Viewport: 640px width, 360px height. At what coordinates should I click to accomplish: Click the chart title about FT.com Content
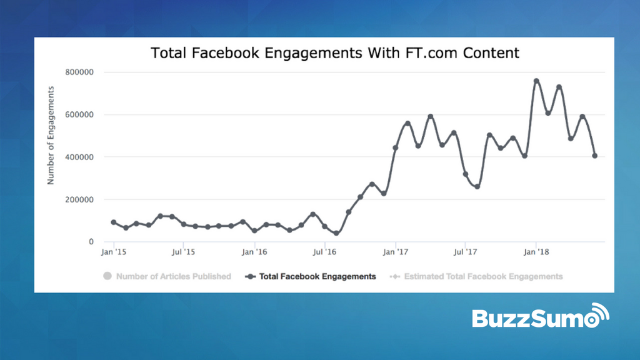click(x=335, y=52)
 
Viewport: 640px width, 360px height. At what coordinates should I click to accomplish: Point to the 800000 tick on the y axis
click(x=79, y=72)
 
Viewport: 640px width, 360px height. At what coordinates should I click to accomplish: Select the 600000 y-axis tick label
click(x=79, y=115)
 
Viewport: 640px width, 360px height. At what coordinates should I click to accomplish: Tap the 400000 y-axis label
click(x=79, y=157)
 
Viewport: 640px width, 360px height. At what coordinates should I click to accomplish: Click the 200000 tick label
click(x=79, y=200)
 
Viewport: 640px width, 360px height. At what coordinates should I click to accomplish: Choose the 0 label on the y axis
click(x=91, y=242)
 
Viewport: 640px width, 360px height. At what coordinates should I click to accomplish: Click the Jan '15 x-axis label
click(x=113, y=252)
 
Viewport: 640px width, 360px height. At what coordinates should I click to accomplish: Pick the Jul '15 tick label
click(x=182, y=252)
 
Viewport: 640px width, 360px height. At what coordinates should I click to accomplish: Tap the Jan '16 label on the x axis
click(x=254, y=252)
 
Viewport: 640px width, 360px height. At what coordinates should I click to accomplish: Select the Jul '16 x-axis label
click(x=324, y=252)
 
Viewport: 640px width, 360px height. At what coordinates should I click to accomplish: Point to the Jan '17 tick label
click(x=395, y=252)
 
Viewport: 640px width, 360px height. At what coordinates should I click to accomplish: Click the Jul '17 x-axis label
click(x=465, y=252)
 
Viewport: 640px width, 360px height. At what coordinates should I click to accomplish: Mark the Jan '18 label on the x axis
click(x=536, y=252)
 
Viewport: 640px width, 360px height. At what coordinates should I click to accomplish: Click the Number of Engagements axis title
click(x=51, y=136)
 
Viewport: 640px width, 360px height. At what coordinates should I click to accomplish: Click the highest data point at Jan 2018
click(x=536, y=81)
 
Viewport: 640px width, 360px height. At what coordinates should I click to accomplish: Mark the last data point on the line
click(x=594, y=156)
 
